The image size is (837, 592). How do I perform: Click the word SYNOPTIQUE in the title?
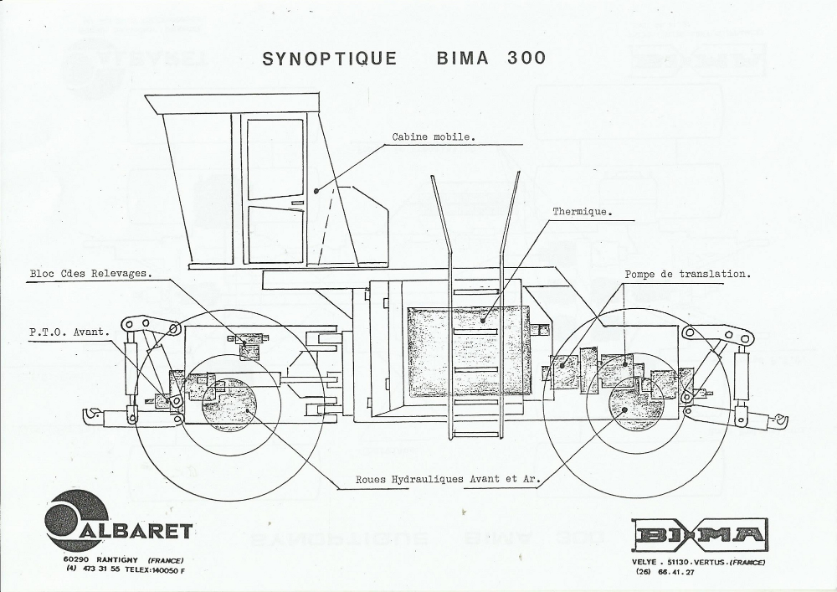pos(329,59)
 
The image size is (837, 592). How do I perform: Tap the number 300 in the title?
pos(526,59)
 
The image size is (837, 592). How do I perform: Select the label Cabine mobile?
pos(434,136)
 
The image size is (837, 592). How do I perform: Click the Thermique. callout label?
pos(582,212)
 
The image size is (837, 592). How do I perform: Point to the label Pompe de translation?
pos(687,274)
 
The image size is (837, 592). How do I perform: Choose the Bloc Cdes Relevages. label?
pos(90,273)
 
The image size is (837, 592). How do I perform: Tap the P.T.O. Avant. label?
pos(69,332)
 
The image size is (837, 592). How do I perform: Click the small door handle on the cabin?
pos(297,203)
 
